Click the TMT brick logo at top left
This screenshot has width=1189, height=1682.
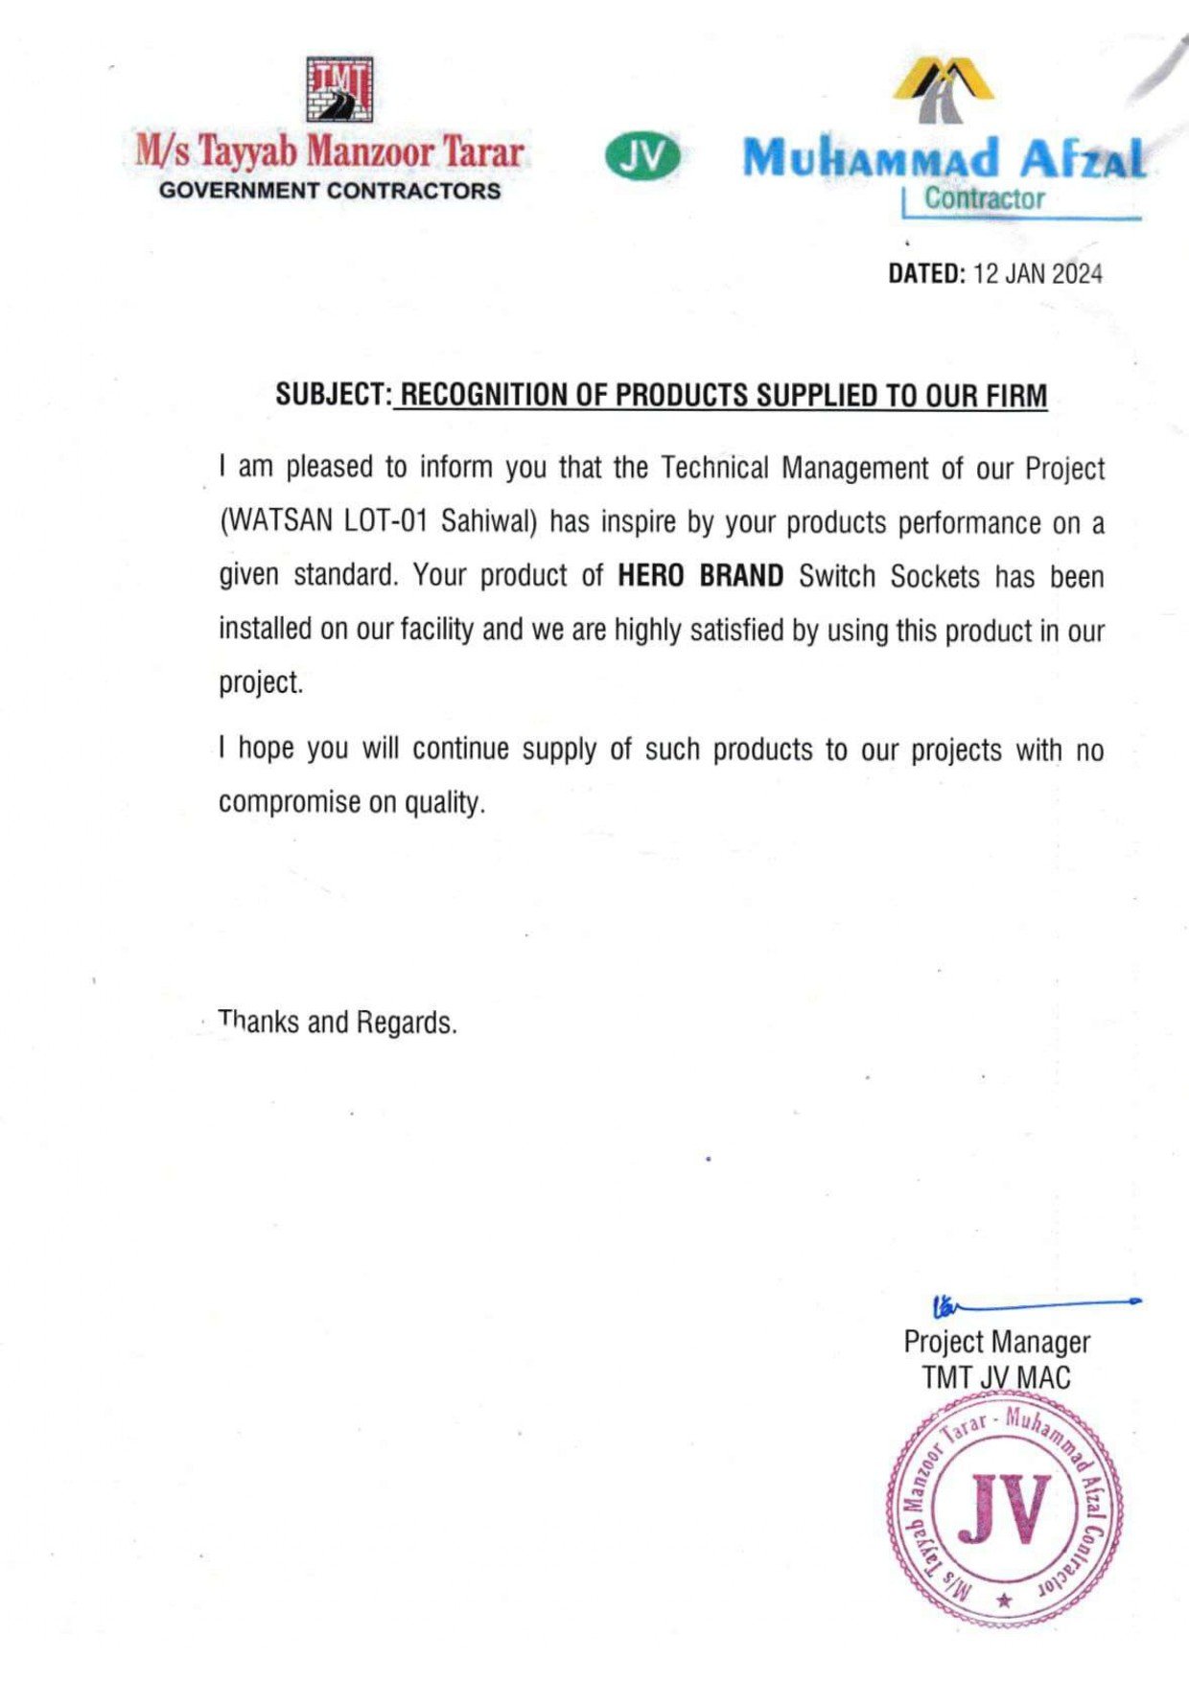click(339, 89)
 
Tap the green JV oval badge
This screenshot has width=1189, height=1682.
click(641, 157)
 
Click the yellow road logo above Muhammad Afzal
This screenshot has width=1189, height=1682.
click(943, 90)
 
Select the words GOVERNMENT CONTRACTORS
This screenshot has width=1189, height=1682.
click(330, 191)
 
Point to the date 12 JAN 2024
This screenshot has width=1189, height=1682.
click(1037, 274)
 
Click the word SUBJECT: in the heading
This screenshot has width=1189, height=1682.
click(333, 395)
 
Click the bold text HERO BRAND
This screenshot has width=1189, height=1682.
click(700, 576)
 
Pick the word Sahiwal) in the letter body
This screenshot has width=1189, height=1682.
click(489, 522)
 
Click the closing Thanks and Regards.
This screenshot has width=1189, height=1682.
click(338, 1023)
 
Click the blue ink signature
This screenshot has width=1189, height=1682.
click(1031, 1304)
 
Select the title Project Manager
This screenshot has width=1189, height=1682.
click(996, 1342)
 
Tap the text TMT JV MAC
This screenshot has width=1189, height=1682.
click(996, 1378)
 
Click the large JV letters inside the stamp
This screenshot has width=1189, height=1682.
click(1004, 1509)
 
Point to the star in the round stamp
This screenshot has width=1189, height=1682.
click(1004, 1600)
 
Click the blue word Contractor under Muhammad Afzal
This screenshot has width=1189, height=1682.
click(984, 199)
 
